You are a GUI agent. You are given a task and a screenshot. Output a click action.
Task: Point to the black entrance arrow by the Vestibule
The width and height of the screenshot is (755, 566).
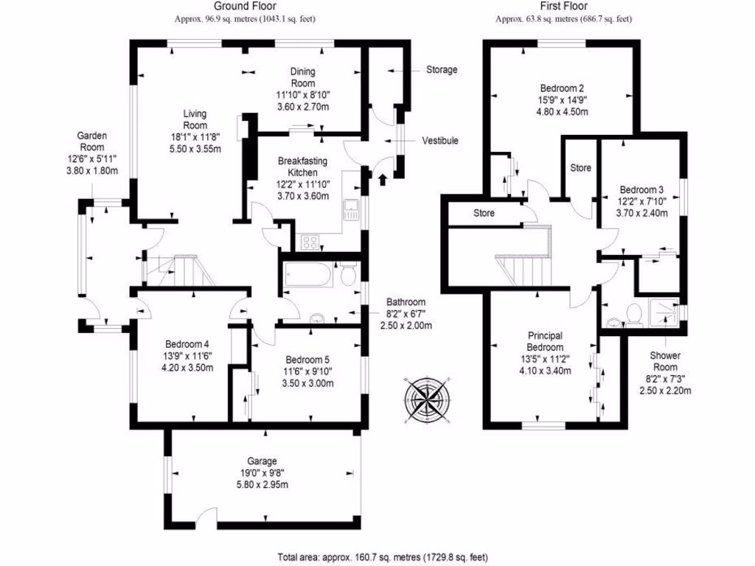click(x=382, y=178)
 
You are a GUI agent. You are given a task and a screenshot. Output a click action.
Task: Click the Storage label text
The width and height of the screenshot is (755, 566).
click(x=442, y=70)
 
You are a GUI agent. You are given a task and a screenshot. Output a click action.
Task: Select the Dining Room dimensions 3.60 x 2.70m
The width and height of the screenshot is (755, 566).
click(x=302, y=107)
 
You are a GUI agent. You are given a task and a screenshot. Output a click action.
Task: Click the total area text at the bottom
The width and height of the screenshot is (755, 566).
click(x=383, y=557)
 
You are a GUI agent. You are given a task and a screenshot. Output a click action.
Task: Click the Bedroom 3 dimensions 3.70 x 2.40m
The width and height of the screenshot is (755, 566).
click(x=642, y=214)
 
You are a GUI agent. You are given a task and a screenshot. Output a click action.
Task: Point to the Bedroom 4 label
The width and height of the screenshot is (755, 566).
click(x=187, y=344)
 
